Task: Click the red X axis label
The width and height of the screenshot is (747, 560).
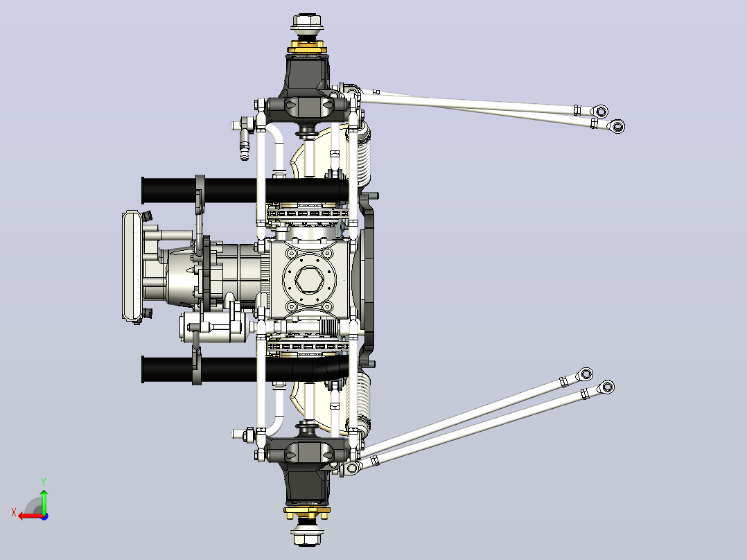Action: coord(14,513)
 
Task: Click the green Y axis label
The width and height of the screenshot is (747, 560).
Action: coord(44,482)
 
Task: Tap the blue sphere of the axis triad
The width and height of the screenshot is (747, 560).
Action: coord(44,516)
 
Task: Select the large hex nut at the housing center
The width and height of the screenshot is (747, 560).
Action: coord(309,279)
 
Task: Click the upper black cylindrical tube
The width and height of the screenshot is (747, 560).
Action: coord(245,190)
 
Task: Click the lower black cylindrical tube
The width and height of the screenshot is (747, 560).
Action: coord(245,369)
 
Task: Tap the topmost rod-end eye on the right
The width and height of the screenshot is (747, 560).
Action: coord(601,112)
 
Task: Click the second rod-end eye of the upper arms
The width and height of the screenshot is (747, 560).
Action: coord(617,126)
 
